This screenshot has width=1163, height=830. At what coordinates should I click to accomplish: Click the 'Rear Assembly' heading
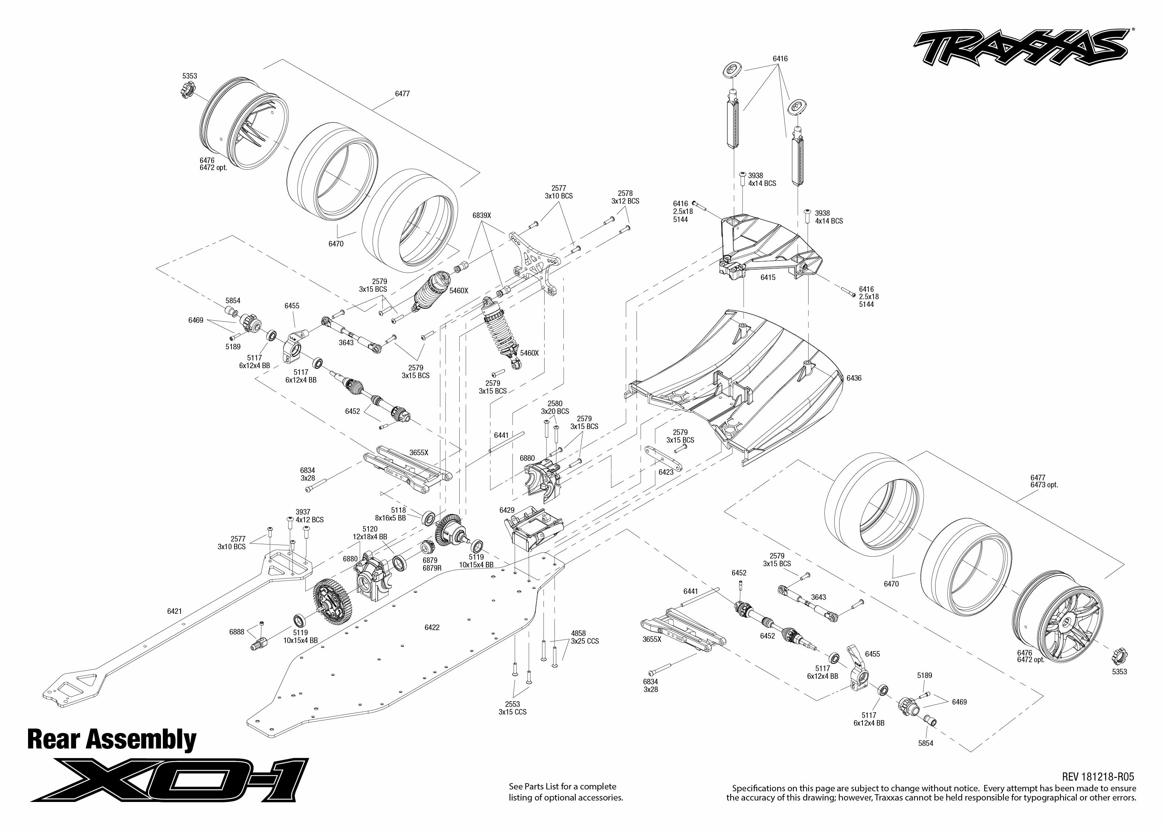point(112,740)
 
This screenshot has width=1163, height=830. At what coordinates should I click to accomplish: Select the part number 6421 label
point(174,611)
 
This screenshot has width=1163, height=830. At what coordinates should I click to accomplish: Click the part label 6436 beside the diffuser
point(854,378)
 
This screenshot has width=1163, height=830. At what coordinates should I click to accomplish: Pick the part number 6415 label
point(768,277)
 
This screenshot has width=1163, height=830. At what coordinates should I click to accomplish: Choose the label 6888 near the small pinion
point(236,632)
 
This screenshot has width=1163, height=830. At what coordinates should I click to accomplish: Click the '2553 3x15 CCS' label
point(512,708)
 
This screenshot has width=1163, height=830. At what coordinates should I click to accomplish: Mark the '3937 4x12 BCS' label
point(309,516)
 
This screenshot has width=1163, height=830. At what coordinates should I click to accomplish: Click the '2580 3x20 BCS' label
point(555,407)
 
